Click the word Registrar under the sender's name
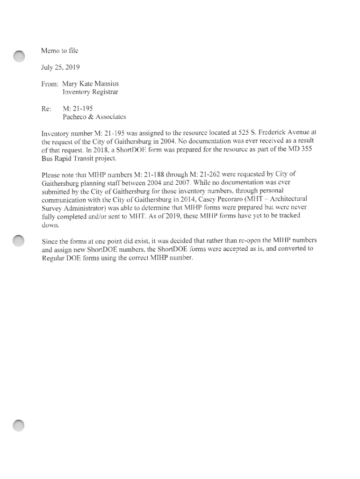pyautogui.click(x=102, y=93)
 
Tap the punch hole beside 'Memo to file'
pyautogui.click(x=19, y=56)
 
